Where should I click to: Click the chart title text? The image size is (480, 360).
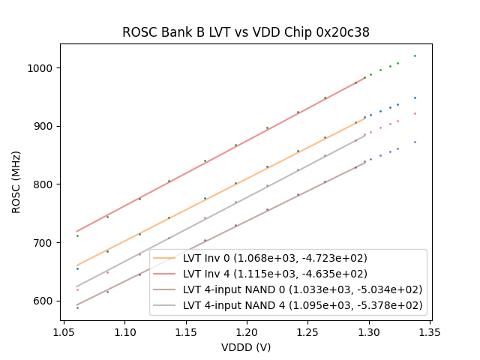(246, 33)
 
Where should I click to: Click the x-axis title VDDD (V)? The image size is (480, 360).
(246, 347)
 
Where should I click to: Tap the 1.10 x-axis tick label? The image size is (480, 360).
(124, 329)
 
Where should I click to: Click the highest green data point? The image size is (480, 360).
(415, 55)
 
